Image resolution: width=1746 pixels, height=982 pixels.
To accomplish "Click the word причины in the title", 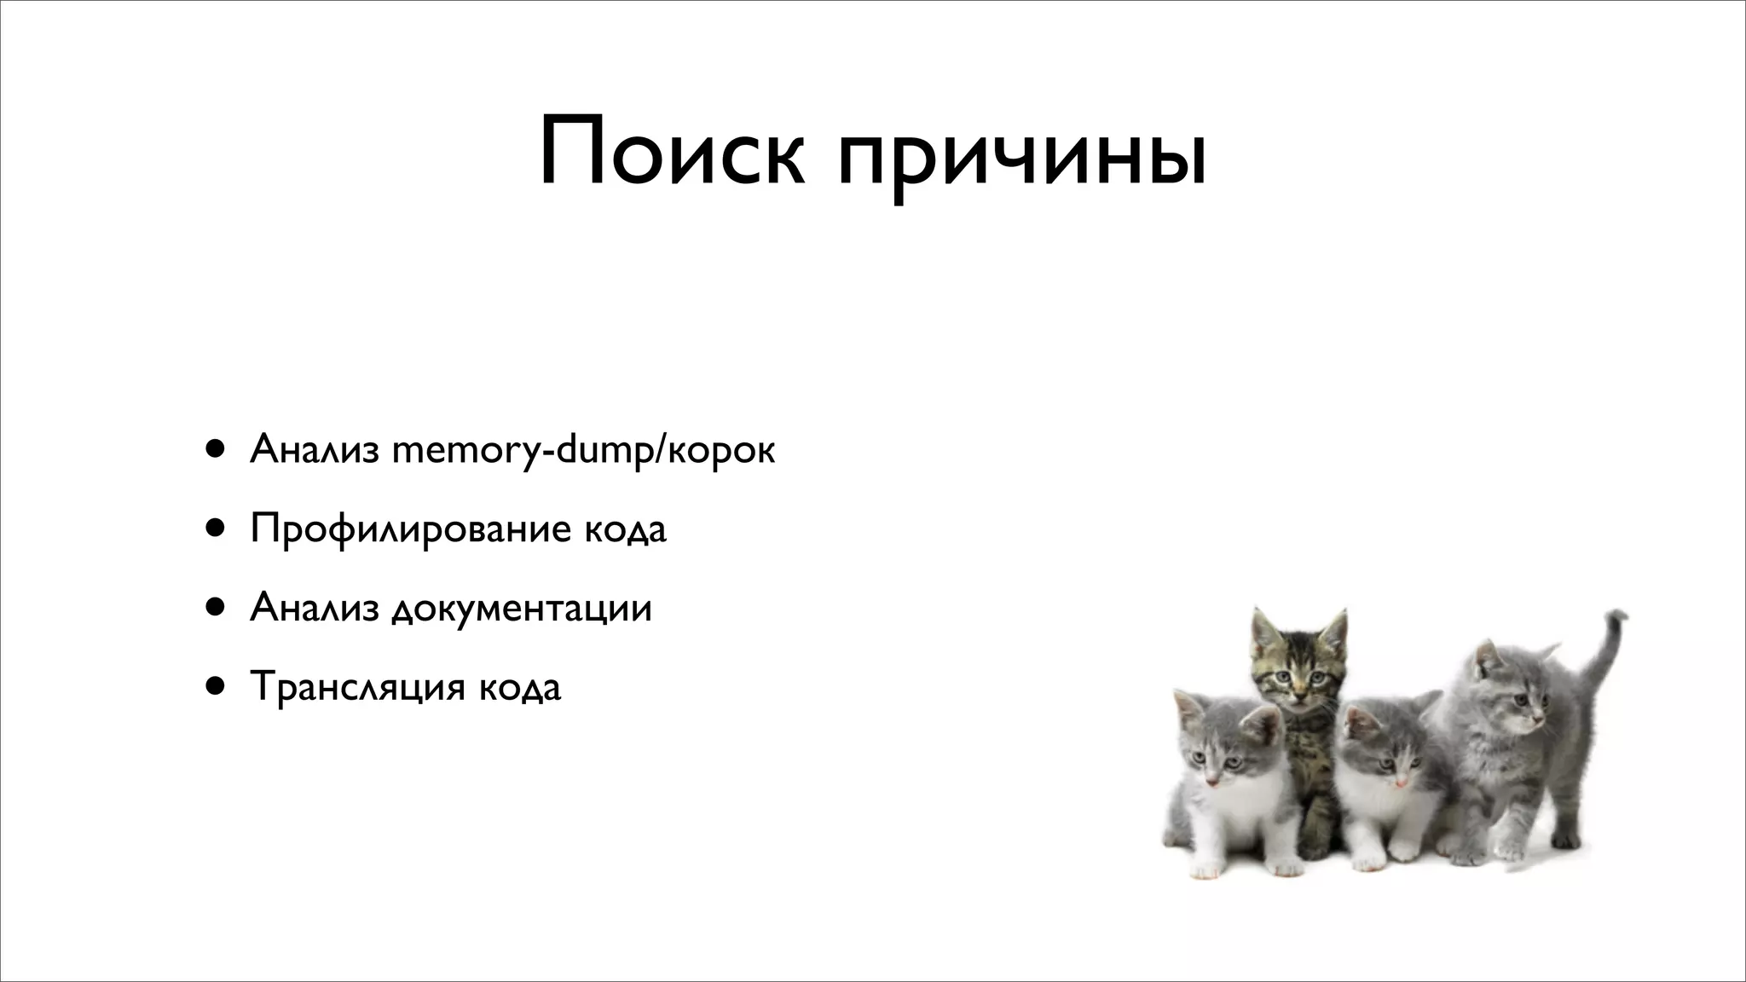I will click(x=1022, y=158).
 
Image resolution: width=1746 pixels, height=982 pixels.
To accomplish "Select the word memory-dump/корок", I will click(x=583, y=450).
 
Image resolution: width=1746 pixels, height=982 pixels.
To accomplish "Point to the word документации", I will click(x=522, y=609).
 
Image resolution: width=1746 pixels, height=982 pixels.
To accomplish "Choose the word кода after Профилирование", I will click(x=626, y=529).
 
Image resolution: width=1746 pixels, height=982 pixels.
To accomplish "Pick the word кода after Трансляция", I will click(x=520, y=687).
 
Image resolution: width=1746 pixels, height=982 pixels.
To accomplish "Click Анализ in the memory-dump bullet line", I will click(x=314, y=449).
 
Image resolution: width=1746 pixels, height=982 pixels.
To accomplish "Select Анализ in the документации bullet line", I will click(x=314, y=608).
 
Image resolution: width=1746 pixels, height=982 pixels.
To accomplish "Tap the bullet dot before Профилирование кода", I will click(x=215, y=528).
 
